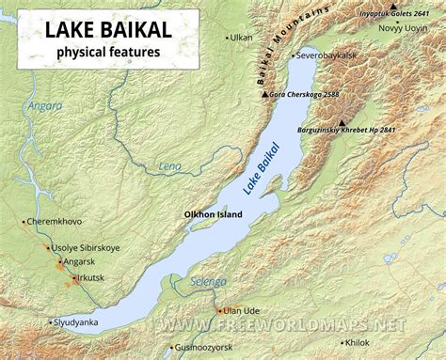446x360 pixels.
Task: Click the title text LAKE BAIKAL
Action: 101,30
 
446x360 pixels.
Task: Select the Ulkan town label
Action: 242,37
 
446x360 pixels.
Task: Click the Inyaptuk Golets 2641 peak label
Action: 395,13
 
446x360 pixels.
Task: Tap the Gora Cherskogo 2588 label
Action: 305,95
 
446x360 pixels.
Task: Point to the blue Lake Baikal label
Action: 263,170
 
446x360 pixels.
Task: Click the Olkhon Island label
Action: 213,214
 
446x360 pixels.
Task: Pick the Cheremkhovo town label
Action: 56,222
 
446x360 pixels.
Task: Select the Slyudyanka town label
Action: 75,321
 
